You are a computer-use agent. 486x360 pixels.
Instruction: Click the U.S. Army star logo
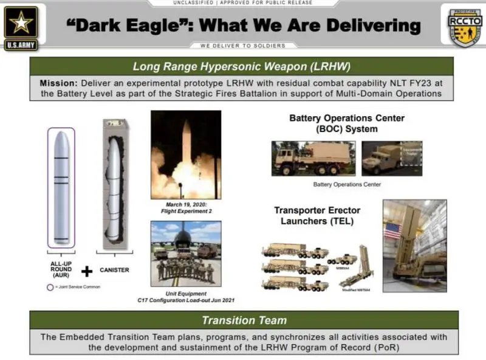point(21,25)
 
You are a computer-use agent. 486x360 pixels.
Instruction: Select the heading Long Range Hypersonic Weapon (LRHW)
point(242,66)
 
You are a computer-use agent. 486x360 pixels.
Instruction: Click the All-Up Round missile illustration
point(61,187)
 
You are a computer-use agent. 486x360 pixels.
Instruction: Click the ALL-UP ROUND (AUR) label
point(60,269)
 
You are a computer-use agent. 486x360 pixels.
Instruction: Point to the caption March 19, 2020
point(185,205)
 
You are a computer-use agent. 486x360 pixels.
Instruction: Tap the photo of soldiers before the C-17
point(185,253)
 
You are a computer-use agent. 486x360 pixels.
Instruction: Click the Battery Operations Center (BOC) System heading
point(346,123)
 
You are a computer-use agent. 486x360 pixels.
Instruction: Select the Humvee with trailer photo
point(383,158)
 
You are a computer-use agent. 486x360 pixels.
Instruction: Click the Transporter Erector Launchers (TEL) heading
point(317,215)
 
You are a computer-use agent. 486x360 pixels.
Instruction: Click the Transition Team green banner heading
point(244,320)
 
